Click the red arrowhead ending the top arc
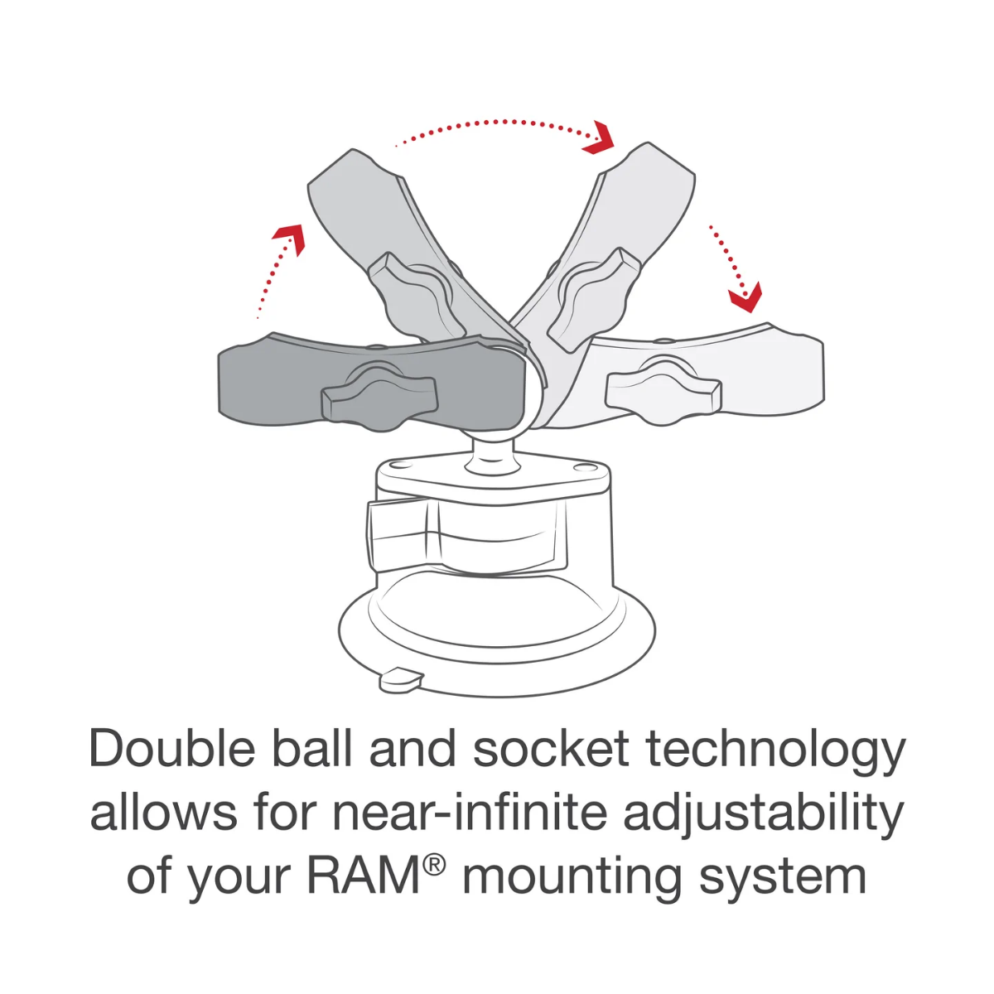(601, 139)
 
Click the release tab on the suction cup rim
(402, 679)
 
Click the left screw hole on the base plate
(396, 466)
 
